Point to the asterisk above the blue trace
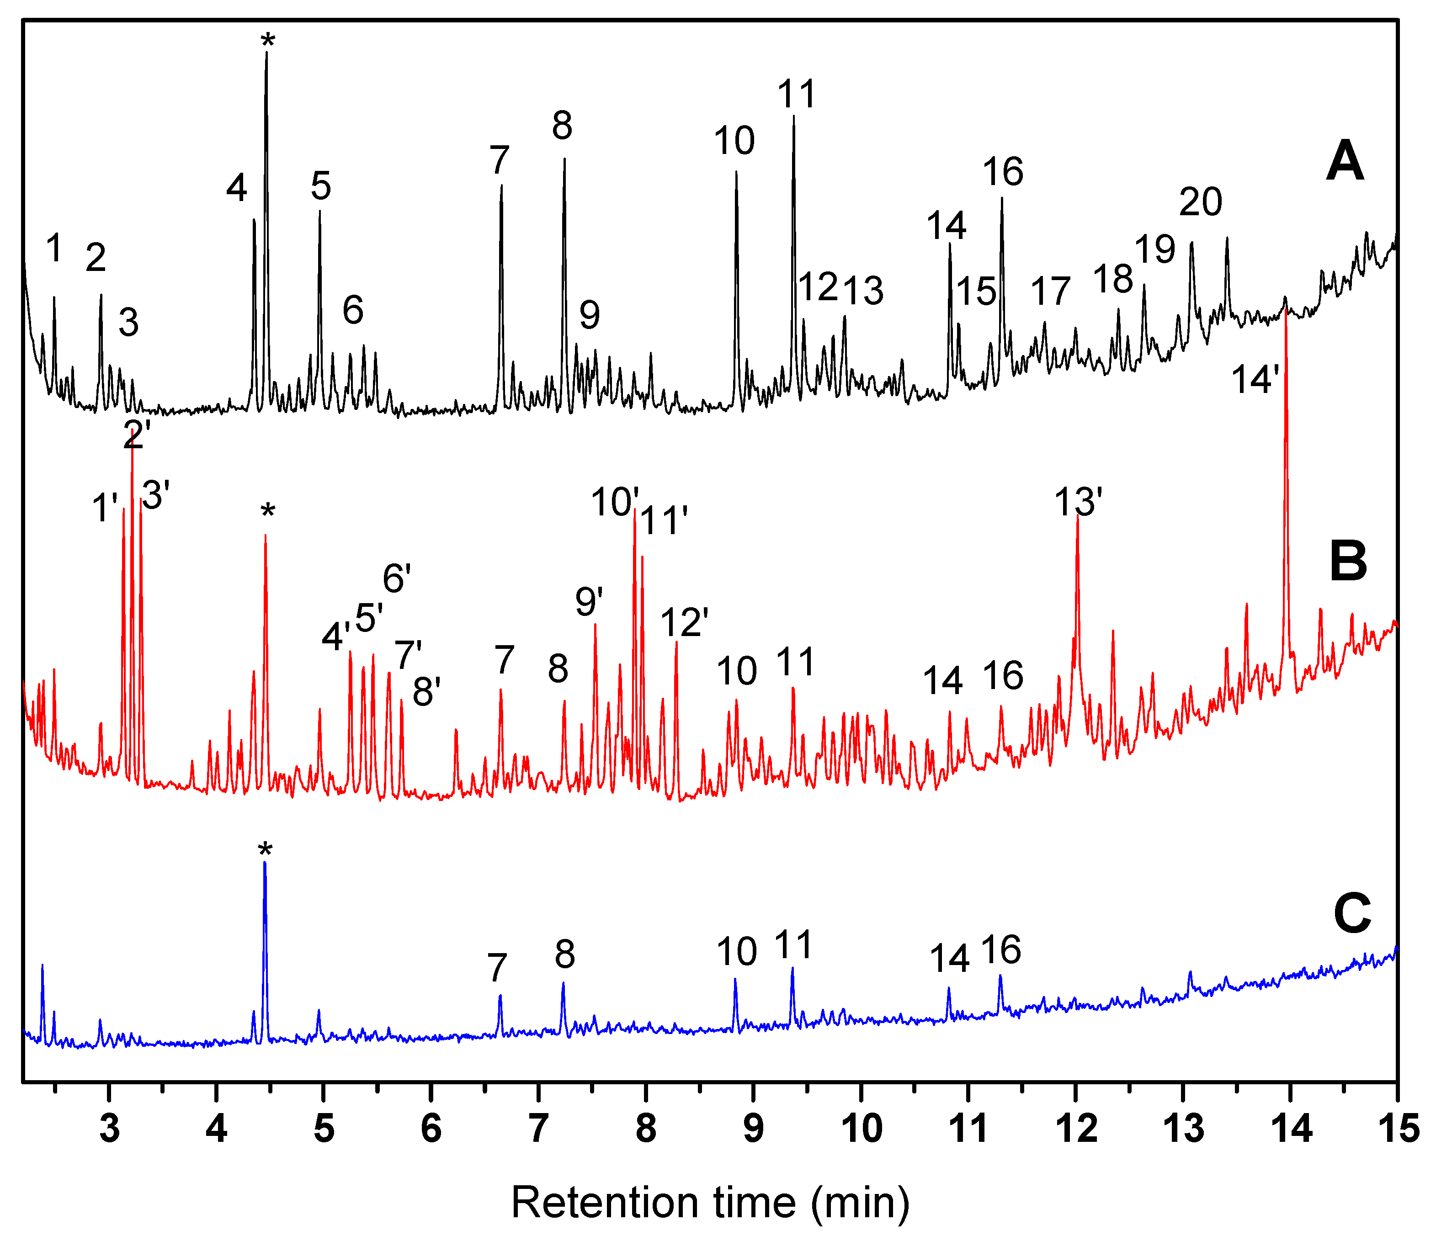click(x=265, y=851)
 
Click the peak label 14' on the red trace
click(x=1255, y=380)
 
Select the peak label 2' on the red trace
click(x=137, y=435)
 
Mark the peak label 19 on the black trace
click(x=1154, y=248)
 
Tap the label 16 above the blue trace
click(x=1001, y=949)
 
